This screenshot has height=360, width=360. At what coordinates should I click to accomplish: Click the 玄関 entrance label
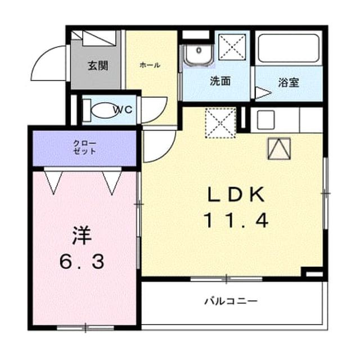point(98,66)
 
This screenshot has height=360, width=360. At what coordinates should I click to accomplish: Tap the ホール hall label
point(150,65)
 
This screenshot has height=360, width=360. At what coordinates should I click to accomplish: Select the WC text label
point(123,110)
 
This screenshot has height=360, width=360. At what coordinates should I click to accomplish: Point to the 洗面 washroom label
point(220,81)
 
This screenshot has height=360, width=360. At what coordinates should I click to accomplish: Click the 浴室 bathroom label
point(289,83)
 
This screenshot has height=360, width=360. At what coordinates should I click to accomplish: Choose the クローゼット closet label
point(84,147)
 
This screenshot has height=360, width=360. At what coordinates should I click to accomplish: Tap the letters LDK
point(236,194)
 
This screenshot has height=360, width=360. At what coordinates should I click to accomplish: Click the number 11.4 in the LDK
point(236,220)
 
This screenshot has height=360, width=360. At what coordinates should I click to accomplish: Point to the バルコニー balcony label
point(231,301)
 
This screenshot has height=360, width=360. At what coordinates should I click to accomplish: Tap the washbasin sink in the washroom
point(199,55)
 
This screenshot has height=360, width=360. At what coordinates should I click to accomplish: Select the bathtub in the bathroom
point(289,48)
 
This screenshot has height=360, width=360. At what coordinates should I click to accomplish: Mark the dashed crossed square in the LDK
point(220,123)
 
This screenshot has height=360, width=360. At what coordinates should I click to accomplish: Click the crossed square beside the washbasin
point(232,47)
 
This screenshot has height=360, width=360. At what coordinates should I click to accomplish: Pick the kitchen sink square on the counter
point(266,120)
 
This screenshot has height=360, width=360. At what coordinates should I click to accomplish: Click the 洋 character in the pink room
point(82,236)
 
